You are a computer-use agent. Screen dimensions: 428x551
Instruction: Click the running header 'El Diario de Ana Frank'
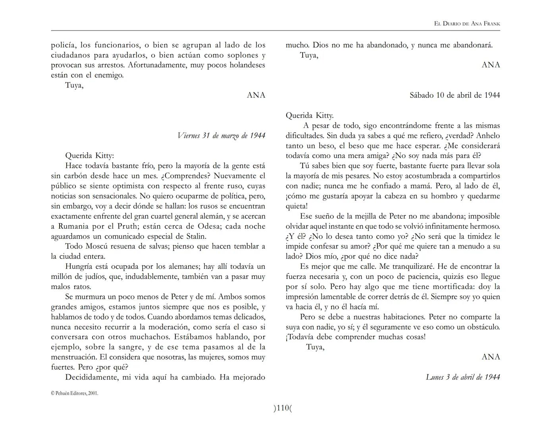coord(467,24)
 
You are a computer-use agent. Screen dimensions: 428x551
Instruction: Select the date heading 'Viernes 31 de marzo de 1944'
coord(221,136)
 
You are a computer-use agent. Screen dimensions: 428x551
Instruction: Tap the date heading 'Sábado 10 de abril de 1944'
coord(455,95)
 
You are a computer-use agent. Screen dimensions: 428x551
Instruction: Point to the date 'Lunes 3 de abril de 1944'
coord(462,377)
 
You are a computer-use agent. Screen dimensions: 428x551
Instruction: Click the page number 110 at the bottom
coord(282,408)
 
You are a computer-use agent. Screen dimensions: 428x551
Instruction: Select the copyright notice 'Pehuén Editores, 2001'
coord(75,394)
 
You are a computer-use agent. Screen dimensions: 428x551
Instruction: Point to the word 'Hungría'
coord(81,267)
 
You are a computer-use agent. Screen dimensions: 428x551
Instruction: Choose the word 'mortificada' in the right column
coord(453,287)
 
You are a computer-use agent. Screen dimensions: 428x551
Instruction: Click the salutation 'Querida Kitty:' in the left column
coord(89,156)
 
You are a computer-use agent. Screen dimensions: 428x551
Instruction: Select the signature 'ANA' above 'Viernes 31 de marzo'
coord(256,95)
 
